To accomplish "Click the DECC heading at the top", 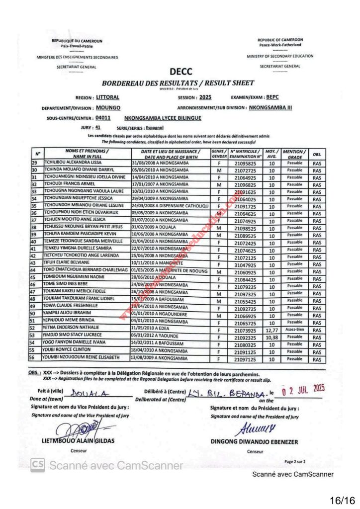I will point(180,72).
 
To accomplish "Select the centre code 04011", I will point(103,118).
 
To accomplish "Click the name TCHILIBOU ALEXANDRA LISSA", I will point(74,163).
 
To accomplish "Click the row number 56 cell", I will point(34,357).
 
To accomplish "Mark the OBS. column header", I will point(317,155).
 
